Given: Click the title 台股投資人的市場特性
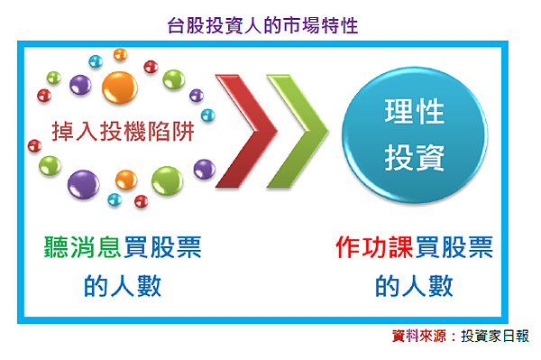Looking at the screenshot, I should [263, 24].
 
